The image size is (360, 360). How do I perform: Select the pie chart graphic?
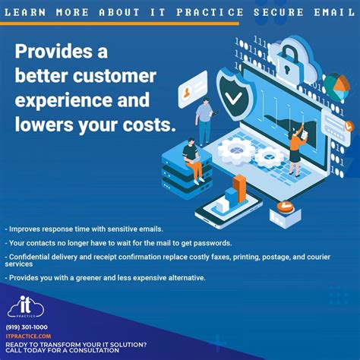tap(336, 84)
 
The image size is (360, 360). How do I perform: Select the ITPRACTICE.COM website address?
tap(28, 336)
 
